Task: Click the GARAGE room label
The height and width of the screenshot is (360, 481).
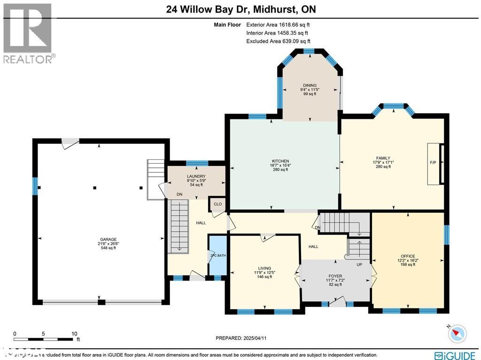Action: point(108,239)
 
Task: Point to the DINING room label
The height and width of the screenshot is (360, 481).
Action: point(310,85)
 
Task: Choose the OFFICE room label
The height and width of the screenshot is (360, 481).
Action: point(408,255)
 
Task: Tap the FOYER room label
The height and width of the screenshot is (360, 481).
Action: point(335,276)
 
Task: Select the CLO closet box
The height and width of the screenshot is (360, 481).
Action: point(218,204)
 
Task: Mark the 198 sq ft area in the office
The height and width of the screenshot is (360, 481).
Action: point(408,265)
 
